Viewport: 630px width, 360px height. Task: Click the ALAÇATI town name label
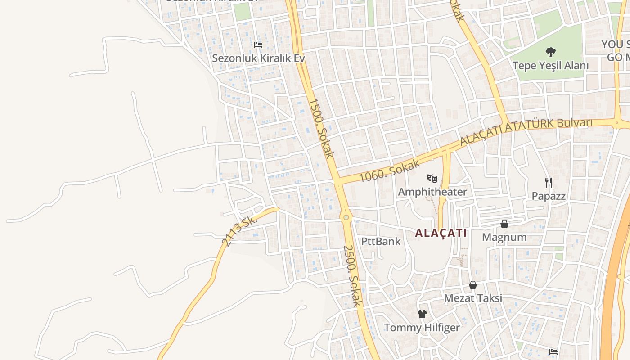441,233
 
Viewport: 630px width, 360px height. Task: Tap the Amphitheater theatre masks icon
432,178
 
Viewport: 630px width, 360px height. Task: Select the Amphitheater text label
432,192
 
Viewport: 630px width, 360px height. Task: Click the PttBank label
381,241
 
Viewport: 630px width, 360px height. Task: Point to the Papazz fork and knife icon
548,182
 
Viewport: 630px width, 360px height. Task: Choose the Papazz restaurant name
548,196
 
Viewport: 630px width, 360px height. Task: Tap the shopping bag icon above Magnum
504,224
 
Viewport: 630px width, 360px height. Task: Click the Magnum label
504,237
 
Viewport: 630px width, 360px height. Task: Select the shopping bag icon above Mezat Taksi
473,285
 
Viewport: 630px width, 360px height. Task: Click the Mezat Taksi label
473,298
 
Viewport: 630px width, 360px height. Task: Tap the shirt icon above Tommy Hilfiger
422,314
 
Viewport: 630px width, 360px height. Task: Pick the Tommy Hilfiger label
422,328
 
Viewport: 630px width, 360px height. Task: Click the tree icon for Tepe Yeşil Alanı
550,52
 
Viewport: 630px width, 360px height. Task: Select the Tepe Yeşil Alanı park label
550,66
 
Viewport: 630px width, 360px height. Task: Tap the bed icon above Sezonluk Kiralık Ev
258,45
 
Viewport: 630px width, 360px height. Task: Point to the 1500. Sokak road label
321,128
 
